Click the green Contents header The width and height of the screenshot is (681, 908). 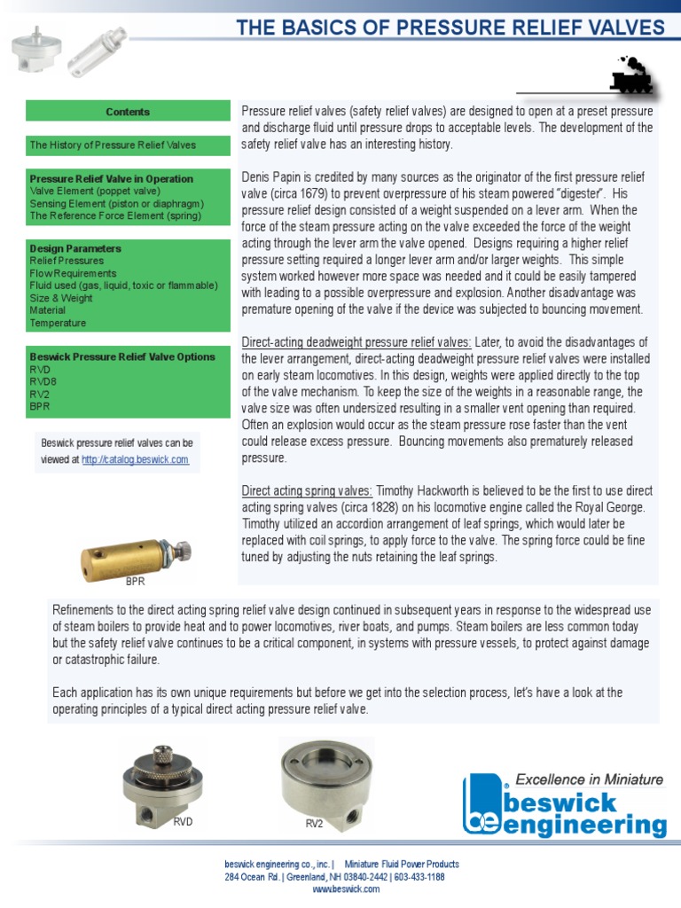[128, 112]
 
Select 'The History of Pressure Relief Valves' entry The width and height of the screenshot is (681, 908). [113, 145]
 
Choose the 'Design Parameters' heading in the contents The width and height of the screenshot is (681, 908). [75, 248]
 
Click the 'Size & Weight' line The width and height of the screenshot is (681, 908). [61, 298]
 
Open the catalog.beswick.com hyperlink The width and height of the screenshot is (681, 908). [135, 459]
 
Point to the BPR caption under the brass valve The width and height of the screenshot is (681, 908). [135, 583]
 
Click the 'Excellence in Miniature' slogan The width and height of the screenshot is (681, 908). [589, 779]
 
